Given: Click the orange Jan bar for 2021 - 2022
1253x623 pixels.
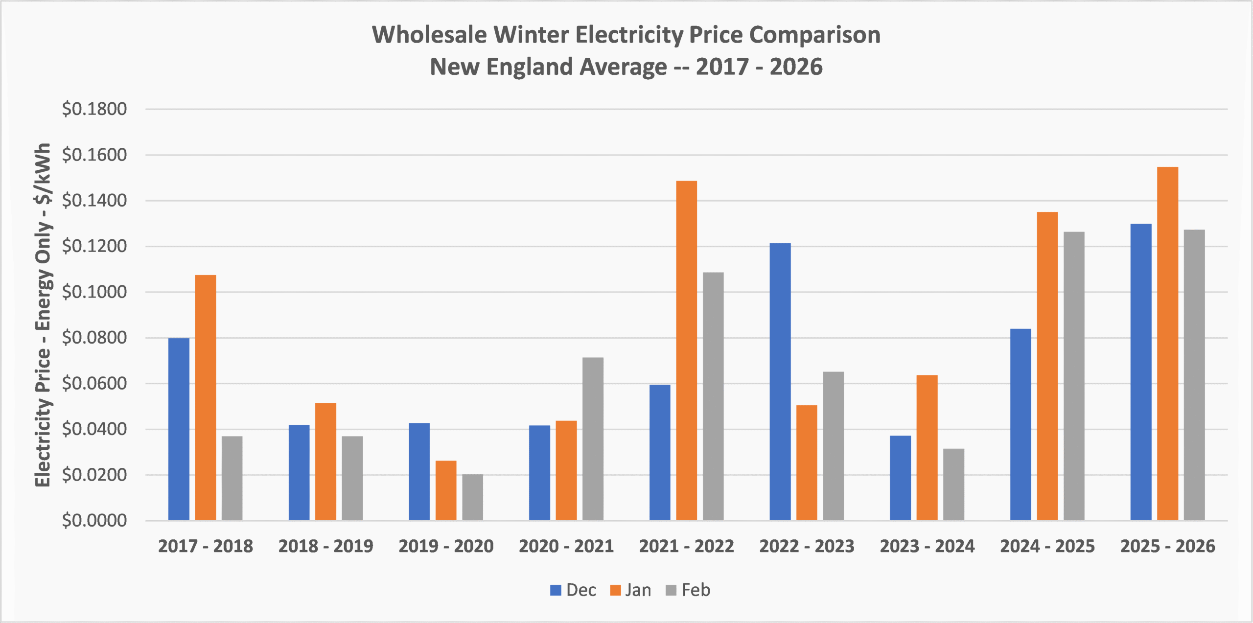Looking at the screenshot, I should (x=686, y=350).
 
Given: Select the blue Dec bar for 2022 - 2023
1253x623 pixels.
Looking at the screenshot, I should (x=780, y=381).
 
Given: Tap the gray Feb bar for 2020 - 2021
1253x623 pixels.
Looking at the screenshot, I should (x=593, y=438).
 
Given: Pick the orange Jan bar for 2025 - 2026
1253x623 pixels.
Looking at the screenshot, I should (x=1167, y=343).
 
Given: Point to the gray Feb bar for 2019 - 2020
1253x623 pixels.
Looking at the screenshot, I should (x=472, y=497).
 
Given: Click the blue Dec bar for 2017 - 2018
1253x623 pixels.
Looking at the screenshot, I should (x=179, y=429).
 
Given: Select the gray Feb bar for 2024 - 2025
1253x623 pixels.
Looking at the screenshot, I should (x=1074, y=375).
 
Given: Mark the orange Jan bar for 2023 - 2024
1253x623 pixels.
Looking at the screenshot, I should (x=927, y=447).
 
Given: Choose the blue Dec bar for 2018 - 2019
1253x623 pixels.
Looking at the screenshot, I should (x=299, y=472).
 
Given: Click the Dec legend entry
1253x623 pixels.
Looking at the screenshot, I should (x=573, y=590).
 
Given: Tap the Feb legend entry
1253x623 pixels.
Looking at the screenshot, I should (x=688, y=590).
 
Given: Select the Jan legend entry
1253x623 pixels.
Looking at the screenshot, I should (x=631, y=590).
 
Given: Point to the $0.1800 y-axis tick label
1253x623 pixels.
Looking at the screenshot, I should (x=94, y=109).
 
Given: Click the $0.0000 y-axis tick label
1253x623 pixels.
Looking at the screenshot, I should (x=94, y=520).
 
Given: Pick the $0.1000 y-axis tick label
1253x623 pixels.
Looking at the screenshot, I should (x=94, y=292).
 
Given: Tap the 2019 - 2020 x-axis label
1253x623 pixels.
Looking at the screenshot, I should (x=446, y=546).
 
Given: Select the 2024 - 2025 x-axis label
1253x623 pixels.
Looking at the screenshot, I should (x=1047, y=546).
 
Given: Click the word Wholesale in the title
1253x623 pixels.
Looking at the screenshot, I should (x=429, y=35).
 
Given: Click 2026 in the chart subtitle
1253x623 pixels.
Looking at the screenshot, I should (x=796, y=67).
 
